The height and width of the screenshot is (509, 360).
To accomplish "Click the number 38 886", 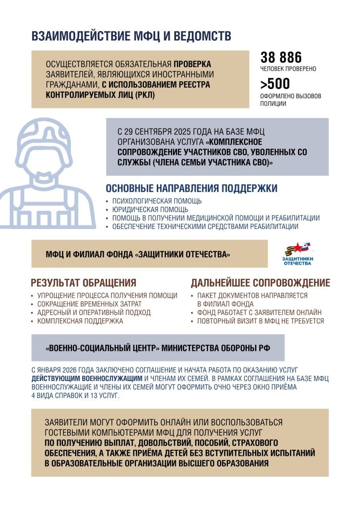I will (x=281, y=58).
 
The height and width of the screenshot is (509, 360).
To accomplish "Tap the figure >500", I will (x=275, y=84).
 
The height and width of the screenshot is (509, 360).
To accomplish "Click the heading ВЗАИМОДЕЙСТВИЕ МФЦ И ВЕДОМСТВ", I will (x=131, y=36).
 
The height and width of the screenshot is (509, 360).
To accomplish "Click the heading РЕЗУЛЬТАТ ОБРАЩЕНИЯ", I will (x=84, y=283).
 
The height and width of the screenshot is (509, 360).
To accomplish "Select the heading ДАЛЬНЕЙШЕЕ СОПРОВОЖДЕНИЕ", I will (x=260, y=283).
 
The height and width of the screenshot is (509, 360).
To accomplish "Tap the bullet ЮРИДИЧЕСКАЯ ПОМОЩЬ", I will (x=150, y=210).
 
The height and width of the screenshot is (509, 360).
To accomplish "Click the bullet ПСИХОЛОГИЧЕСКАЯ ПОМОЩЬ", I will (x=157, y=201).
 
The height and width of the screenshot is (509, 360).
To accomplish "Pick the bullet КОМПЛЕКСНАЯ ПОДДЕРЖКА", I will (x=80, y=321).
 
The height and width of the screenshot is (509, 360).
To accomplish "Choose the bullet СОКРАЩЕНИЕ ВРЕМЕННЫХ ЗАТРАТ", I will (x=89, y=304).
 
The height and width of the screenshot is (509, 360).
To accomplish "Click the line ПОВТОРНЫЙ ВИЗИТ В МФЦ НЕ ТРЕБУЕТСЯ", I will (x=261, y=321).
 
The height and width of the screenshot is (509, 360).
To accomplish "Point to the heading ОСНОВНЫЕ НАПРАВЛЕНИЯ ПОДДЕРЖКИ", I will (x=191, y=188).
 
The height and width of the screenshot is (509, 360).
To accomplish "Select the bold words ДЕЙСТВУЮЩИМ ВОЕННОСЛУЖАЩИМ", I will (x=87, y=378).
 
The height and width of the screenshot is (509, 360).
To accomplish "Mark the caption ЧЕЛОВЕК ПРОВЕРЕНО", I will (x=288, y=69).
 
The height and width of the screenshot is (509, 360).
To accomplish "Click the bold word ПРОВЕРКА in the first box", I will (x=192, y=64).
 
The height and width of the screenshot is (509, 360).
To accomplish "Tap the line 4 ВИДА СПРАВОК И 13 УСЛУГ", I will (x=75, y=396).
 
